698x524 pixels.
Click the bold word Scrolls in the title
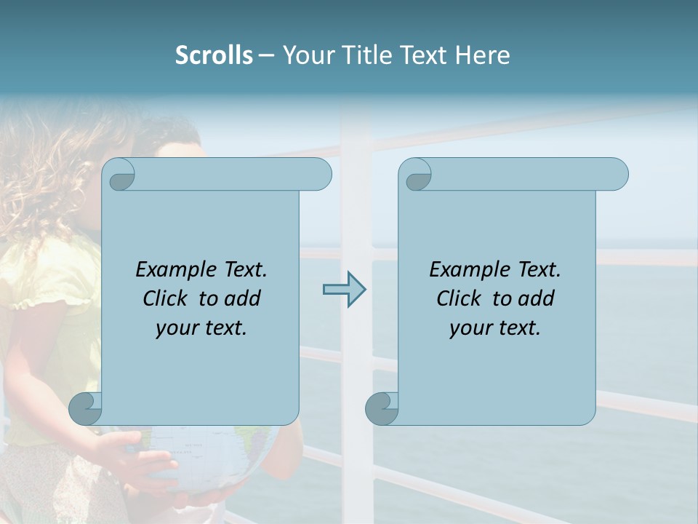click(214, 55)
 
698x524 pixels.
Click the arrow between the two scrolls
click(344, 290)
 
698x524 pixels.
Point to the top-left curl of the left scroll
click(120, 175)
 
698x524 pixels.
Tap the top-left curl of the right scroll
click(417, 175)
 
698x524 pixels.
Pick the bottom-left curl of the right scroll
click(382, 408)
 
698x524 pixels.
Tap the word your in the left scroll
click(175, 328)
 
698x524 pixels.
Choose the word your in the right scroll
click(469, 328)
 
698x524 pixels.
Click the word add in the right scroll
click(537, 298)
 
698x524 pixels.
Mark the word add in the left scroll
click(243, 298)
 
